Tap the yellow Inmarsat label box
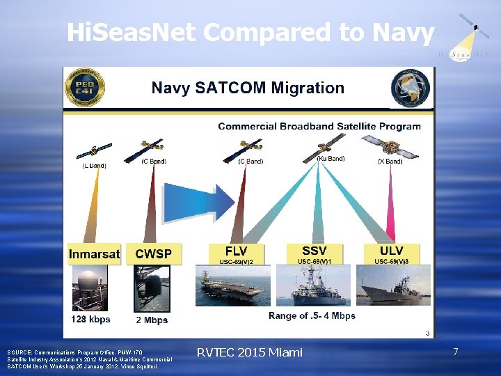(x=94, y=254)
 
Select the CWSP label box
(x=154, y=254)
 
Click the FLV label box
(x=237, y=254)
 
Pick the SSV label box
(x=315, y=254)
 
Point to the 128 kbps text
(x=90, y=320)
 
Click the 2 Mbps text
(x=152, y=320)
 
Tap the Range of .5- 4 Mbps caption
(x=312, y=315)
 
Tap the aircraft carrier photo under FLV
(x=237, y=285)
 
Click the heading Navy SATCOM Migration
(x=248, y=88)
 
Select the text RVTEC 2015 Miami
(x=250, y=352)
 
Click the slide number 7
(x=455, y=352)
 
